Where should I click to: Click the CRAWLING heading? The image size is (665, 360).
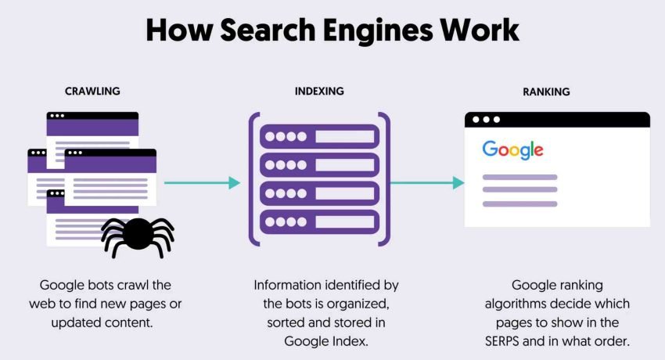click(x=92, y=92)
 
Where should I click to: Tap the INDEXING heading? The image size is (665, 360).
click(x=319, y=92)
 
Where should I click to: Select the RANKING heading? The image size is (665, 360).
click(x=546, y=92)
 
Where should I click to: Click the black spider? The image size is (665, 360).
click(x=138, y=233)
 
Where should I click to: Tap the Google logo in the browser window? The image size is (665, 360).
click(x=512, y=149)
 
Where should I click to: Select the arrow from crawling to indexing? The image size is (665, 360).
click(x=202, y=182)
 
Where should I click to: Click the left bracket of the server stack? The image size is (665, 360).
click(x=253, y=180)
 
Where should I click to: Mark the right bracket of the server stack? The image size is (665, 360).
click(x=385, y=180)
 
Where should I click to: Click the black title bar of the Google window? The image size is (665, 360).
click(x=557, y=120)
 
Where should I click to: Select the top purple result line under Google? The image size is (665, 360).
click(x=519, y=176)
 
